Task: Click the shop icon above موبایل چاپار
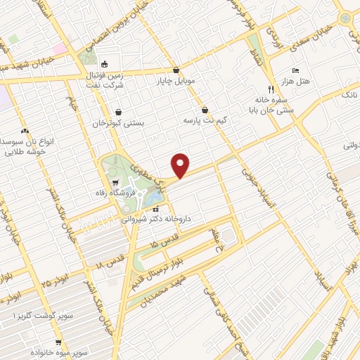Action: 175,71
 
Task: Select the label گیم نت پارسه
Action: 205,120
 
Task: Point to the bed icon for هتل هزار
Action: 295,71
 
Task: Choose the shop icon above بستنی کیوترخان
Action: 118,111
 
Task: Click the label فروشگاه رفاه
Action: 116,192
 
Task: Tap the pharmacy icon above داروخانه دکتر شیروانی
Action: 156,209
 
